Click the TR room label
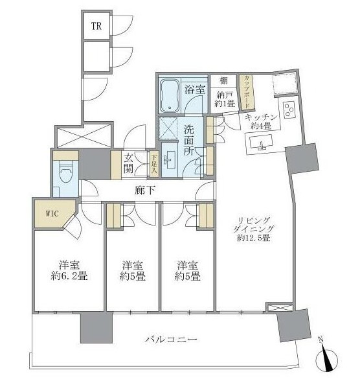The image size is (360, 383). click(x=96, y=26)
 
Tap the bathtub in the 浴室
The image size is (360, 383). click(x=170, y=95)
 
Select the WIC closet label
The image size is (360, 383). click(x=52, y=214)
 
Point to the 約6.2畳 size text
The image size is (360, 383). click(x=69, y=276)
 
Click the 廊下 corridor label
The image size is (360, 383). click(x=145, y=191)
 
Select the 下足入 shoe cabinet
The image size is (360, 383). click(x=153, y=164)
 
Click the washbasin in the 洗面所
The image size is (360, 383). click(x=170, y=160)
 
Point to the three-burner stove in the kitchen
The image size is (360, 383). click(x=289, y=110)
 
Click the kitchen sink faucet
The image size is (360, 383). click(x=262, y=146)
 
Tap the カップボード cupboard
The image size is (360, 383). click(x=247, y=92)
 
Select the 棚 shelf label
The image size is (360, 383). click(x=223, y=80)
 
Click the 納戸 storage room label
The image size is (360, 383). click(x=224, y=95)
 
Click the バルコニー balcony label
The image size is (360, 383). click(x=171, y=340)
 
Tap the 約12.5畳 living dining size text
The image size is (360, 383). click(x=253, y=237)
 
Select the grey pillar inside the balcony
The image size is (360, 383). click(x=96, y=328)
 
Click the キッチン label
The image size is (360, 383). click(x=261, y=118)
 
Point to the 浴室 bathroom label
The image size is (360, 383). click(x=194, y=89)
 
